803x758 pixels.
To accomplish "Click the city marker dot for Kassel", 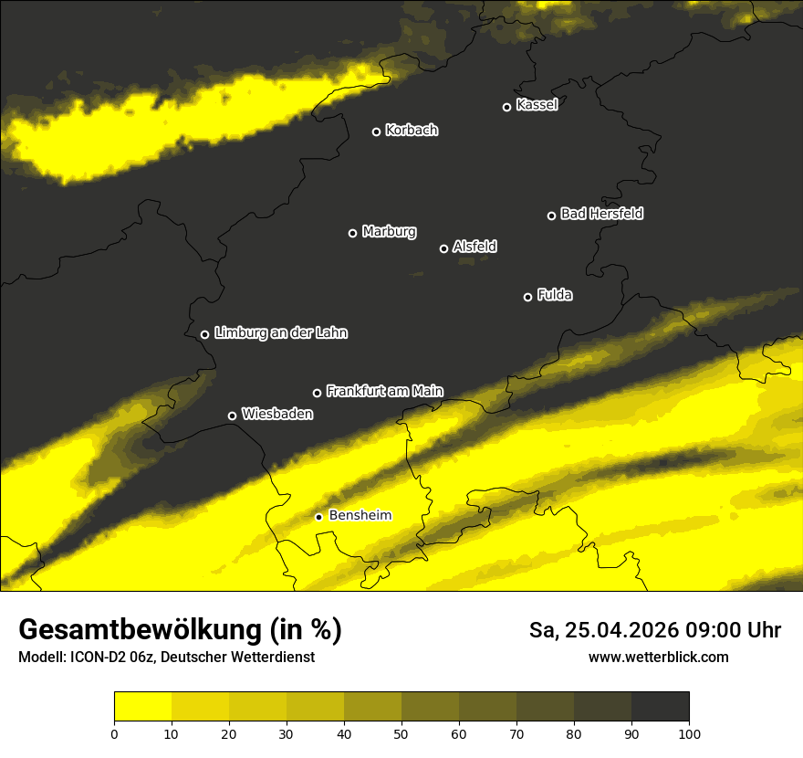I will (x=506, y=107).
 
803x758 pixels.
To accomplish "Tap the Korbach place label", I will (x=412, y=131).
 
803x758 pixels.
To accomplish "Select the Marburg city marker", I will (x=352, y=233).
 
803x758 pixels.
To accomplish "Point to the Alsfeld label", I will (x=474, y=247).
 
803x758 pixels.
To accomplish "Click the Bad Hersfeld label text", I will (x=601, y=214).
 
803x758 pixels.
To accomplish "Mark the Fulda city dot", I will (x=527, y=297).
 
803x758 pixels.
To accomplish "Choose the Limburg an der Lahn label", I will (x=280, y=333).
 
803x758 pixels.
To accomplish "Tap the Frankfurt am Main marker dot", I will (x=317, y=393).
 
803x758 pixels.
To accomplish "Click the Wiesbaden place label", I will (x=277, y=415).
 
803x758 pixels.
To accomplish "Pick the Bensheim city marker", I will (x=318, y=517).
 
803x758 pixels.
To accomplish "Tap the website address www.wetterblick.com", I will (x=658, y=657).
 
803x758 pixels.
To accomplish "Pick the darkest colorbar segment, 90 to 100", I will (x=660, y=707).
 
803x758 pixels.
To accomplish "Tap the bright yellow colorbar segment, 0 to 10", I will (x=142, y=707).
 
